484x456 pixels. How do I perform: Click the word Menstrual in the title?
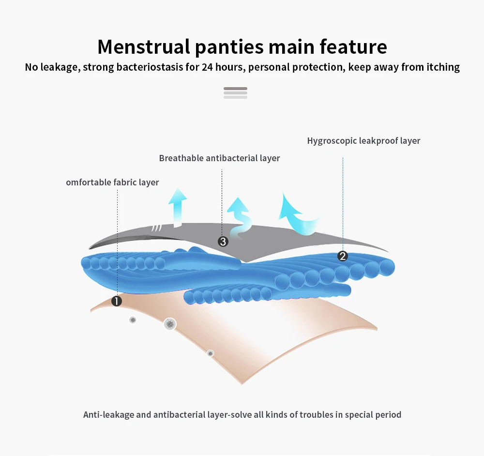point(143,47)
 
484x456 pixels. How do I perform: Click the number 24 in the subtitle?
point(207,67)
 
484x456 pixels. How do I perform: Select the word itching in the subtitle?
point(440,67)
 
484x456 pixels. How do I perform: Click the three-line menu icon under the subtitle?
point(235,92)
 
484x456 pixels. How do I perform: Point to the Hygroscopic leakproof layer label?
point(363,141)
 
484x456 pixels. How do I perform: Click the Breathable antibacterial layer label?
point(219,158)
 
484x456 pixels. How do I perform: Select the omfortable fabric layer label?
point(112,182)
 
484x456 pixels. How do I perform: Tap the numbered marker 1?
point(117,301)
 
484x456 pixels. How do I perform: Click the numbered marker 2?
point(343,256)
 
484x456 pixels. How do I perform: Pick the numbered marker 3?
point(223,242)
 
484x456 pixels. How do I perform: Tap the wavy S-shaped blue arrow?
point(240,217)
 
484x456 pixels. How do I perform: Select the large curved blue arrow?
point(299,214)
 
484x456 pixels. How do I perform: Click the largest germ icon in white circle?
point(169,324)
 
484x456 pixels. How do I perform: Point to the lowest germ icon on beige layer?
point(210,353)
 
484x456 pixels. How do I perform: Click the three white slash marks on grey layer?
point(156,228)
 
